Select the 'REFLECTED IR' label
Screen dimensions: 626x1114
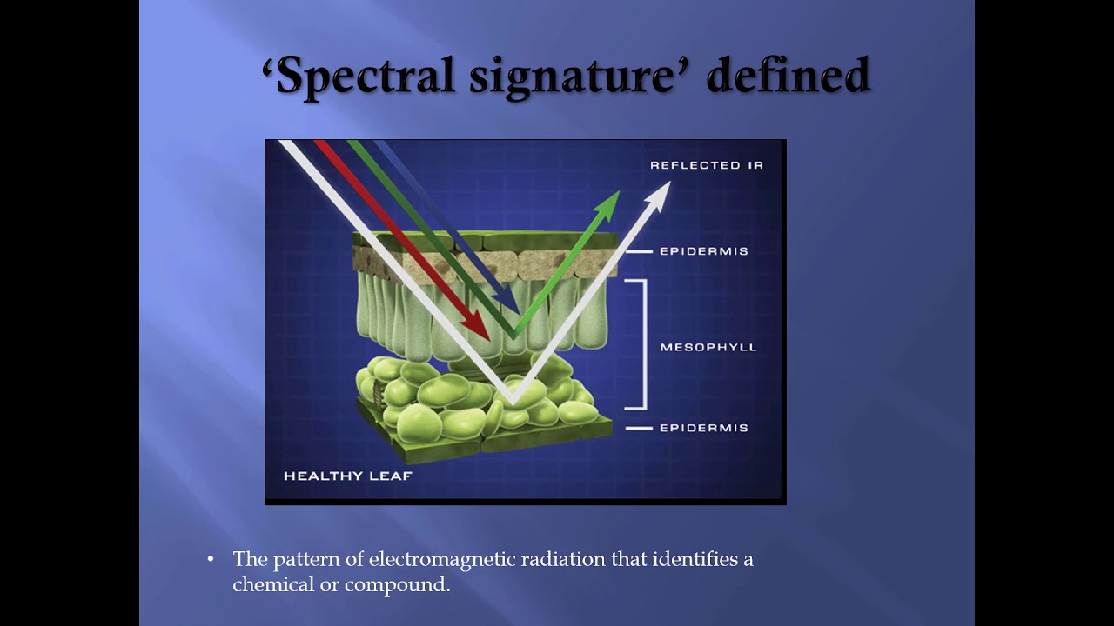pyautogui.click(x=707, y=165)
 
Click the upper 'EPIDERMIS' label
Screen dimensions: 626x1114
pyautogui.click(x=704, y=251)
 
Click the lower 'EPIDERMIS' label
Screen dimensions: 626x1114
pyautogui.click(x=704, y=428)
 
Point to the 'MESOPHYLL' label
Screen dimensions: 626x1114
pyautogui.click(x=708, y=347)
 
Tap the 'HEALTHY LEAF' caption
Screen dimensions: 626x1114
pyautogui.click(x=347, y=476)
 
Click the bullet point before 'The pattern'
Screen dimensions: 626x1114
pyautogui.click(x=211, y=559)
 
